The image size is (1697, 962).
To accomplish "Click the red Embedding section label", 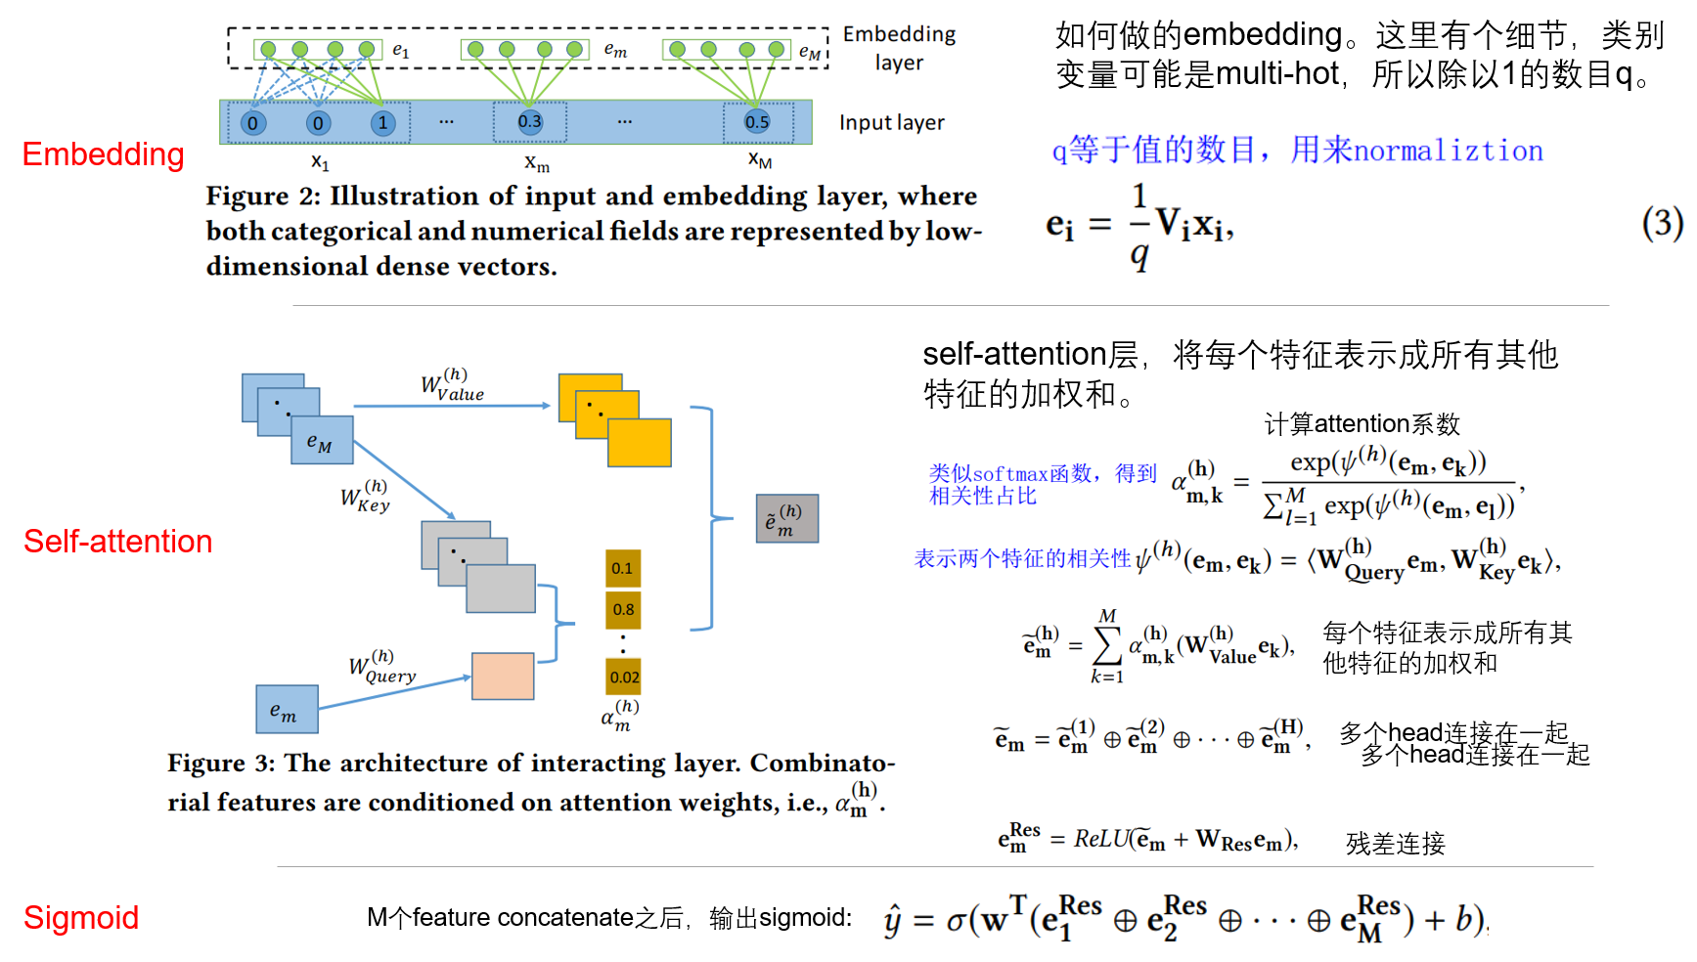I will [103, 154].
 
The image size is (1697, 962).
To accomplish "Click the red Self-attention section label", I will [117, 541].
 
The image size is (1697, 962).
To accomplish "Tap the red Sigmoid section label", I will [81, 917].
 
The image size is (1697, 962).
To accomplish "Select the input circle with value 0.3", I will [529, 122].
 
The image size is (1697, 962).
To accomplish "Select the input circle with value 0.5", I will [757, 122].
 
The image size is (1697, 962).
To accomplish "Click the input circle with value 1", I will [382, 123].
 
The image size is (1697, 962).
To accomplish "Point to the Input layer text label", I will [891, 123].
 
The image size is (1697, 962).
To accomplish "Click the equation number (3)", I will [1662, 224].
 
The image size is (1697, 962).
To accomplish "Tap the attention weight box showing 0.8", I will [623, 609].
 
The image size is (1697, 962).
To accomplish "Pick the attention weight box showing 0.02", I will [624, 677].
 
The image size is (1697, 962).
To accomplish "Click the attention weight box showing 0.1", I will [622, 568].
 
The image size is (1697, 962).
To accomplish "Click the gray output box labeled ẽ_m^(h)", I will [786, 519].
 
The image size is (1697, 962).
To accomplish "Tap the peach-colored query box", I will [503, 677].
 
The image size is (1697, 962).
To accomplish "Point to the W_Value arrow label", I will [452, 387].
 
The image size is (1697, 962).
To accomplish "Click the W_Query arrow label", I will [382, 668].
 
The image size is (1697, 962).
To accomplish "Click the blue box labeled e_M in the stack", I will [322, 441].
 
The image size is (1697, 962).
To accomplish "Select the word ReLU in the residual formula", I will [1101, 839].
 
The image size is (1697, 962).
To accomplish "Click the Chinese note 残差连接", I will [1395, 844].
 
